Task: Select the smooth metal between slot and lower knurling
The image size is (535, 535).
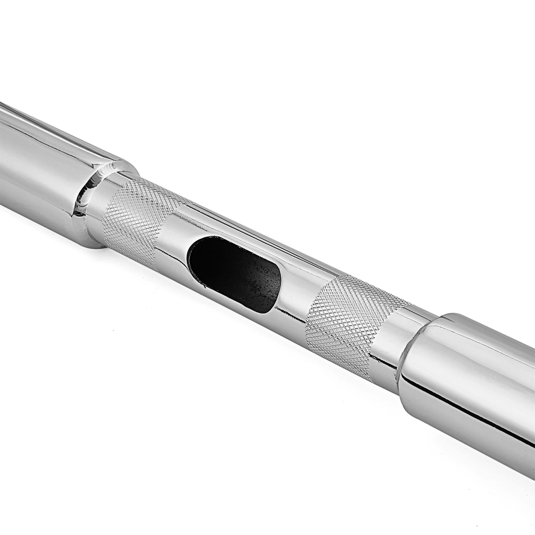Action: [294, 291]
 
